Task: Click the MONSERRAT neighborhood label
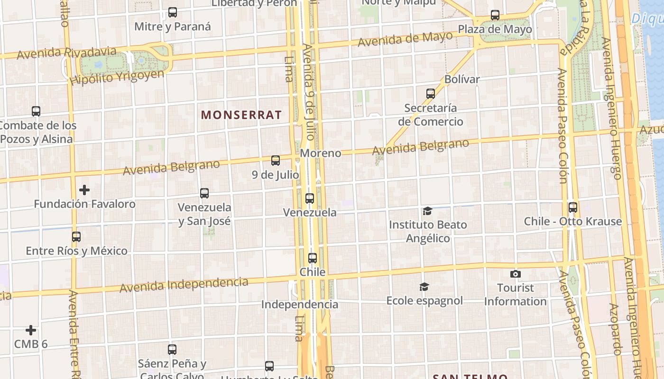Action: click(x=241, y=115)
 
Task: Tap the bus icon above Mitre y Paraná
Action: click(x=173, y=12)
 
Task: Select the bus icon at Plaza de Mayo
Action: click(x=495, y=15)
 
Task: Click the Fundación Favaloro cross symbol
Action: click(x=84, y=190)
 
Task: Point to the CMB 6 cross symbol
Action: click(x=31, y=330)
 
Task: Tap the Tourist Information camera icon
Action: click(x=516, y=274)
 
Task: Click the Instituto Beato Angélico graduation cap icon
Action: click(x=428, y=211)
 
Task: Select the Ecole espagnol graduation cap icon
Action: click(x=424, y=287)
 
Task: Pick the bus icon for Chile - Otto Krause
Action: click(x=573, y=208)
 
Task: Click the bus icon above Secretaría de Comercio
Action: click(x=431, y=94)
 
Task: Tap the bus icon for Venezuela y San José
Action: click(x=204, y=193)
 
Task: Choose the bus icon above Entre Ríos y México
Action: click(x=76, y=237)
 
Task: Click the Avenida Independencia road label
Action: click(x=184, y=285)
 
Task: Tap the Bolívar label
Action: click(x=462, y=79)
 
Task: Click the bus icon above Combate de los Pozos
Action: click(x=36, y=111)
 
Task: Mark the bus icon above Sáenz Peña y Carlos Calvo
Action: click(x=172, y=350)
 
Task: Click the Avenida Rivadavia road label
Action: click(x=66, y=53)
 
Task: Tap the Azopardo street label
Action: click(x=615, y=329)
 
